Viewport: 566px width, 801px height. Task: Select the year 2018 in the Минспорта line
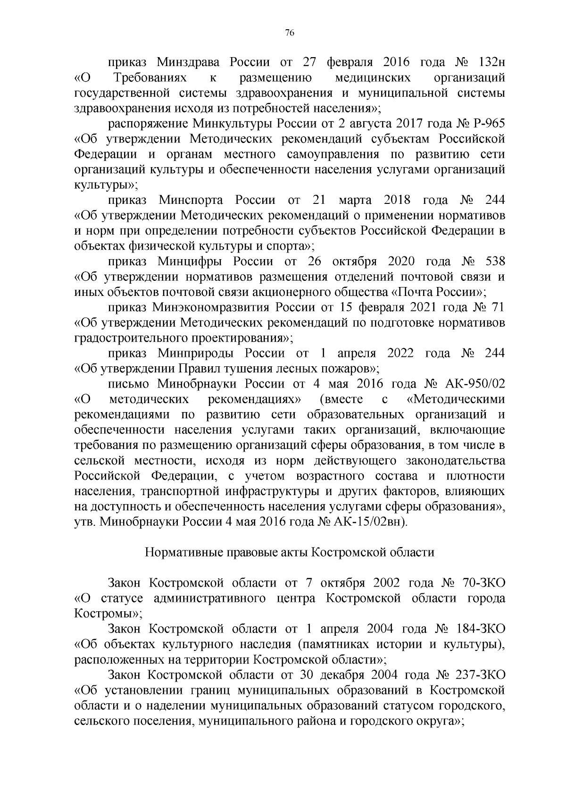click(397, 200)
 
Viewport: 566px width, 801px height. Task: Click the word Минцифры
click(187, 261)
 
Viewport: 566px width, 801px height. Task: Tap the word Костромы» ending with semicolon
click(108, 614)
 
